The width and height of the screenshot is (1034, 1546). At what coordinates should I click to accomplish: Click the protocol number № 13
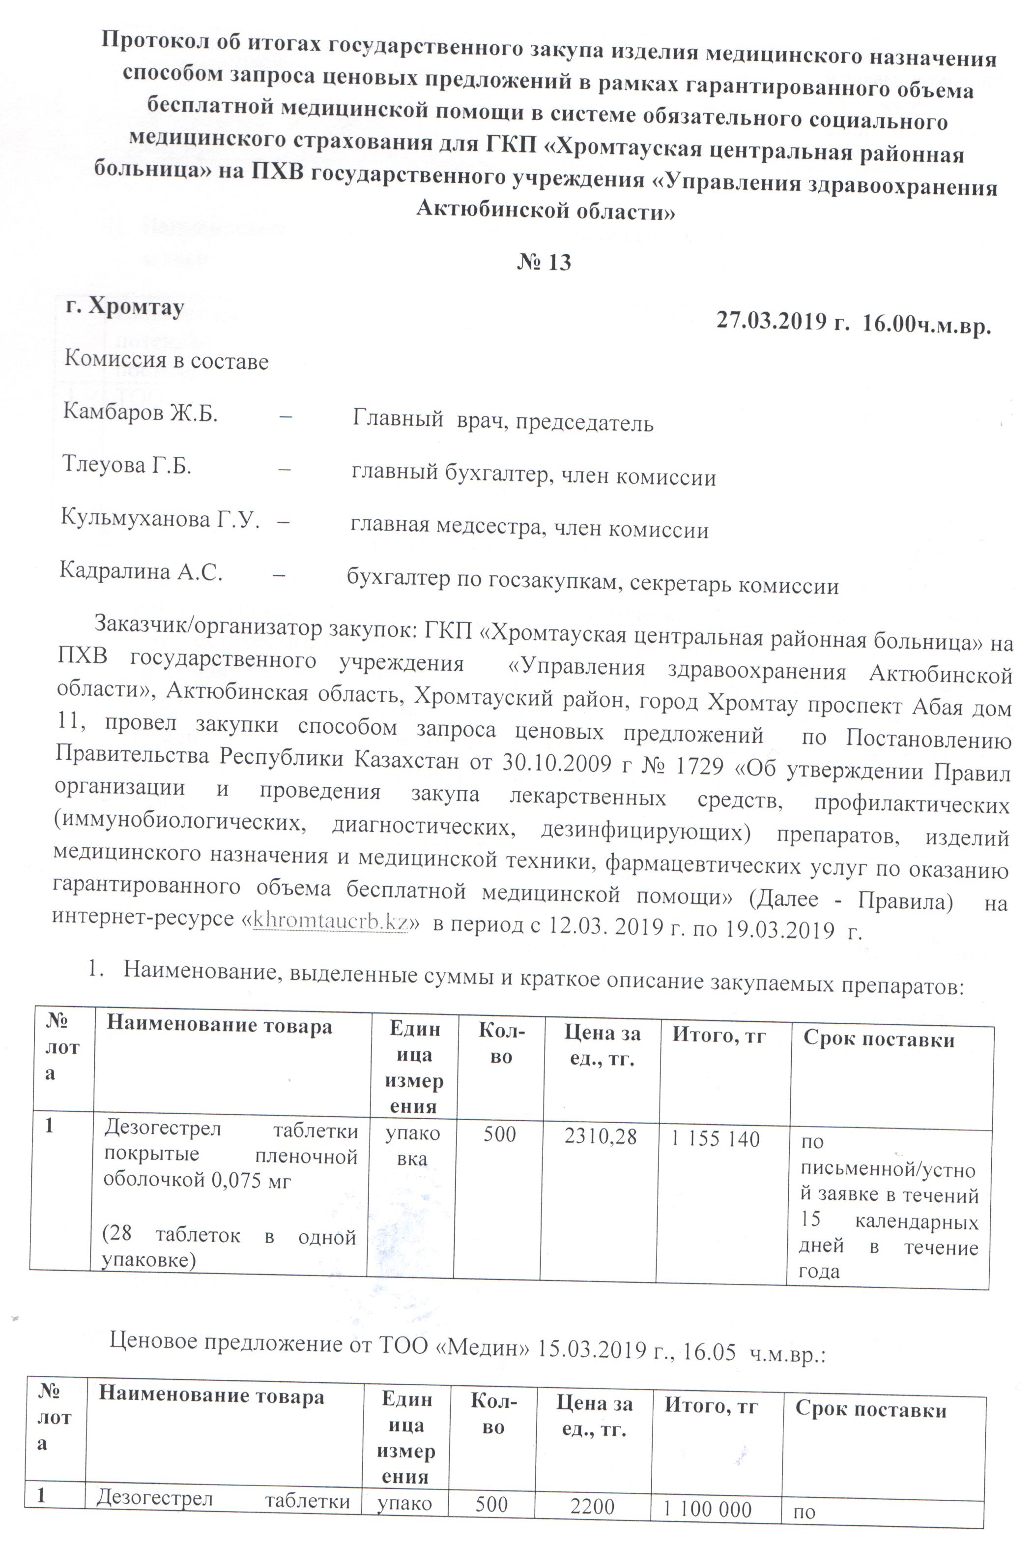point(544,262)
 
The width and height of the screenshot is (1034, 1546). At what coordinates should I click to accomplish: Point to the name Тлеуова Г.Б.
point(127,465)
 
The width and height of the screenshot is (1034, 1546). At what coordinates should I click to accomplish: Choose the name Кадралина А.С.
point(141,571)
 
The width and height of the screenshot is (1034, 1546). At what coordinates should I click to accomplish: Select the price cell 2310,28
point(600,1137)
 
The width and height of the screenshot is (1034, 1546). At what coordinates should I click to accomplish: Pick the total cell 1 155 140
point(715,1139)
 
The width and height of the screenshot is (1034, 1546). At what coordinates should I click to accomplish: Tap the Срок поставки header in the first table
point(878,1041)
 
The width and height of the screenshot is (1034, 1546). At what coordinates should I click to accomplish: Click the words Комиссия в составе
point(166,361)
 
